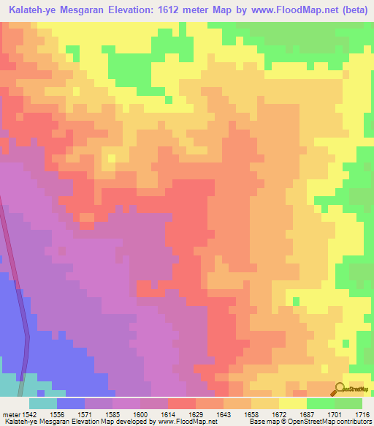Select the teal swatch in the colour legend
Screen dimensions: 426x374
click(x=43, y=403)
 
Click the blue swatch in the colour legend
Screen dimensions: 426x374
click(x=71, y=403)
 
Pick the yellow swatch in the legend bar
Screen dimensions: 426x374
click(x=292, y=403)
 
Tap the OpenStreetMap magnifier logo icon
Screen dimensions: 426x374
click(x=339, y=388)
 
